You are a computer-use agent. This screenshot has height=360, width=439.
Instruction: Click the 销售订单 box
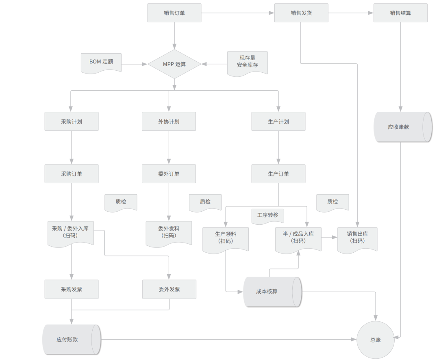174,13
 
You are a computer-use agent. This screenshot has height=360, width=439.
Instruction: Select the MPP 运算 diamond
174,64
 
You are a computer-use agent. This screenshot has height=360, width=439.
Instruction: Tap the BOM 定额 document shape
101,63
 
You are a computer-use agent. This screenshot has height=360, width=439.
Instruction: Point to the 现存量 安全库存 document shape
247,63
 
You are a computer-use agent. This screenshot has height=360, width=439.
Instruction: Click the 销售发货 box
301,13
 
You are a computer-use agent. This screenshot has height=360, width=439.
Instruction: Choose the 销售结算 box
400,13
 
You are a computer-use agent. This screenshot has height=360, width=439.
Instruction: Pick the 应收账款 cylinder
402,127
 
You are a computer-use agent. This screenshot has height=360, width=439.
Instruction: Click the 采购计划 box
72,121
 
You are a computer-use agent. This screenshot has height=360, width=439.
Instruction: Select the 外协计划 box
169,121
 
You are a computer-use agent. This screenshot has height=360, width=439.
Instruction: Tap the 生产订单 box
278,174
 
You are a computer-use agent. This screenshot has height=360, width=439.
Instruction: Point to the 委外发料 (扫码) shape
169,234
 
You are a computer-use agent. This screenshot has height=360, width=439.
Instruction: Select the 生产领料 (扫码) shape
226,240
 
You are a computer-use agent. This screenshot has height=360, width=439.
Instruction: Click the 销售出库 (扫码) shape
357,240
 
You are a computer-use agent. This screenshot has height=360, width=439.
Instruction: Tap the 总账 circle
376,340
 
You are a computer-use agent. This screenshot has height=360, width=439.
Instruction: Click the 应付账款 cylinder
72,340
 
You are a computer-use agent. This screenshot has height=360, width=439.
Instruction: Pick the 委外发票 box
169,289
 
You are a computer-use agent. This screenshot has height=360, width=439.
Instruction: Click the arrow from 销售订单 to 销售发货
238,13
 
